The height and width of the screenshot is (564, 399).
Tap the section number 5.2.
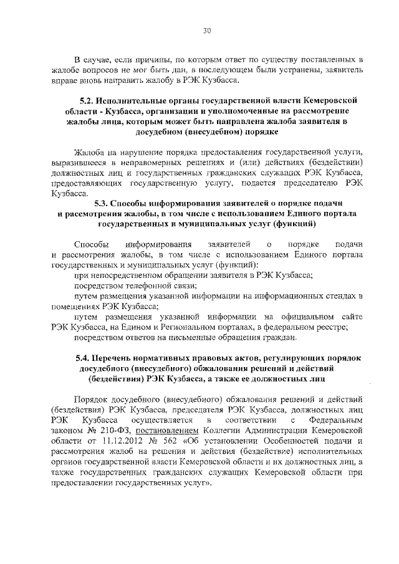click(87, 100)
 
